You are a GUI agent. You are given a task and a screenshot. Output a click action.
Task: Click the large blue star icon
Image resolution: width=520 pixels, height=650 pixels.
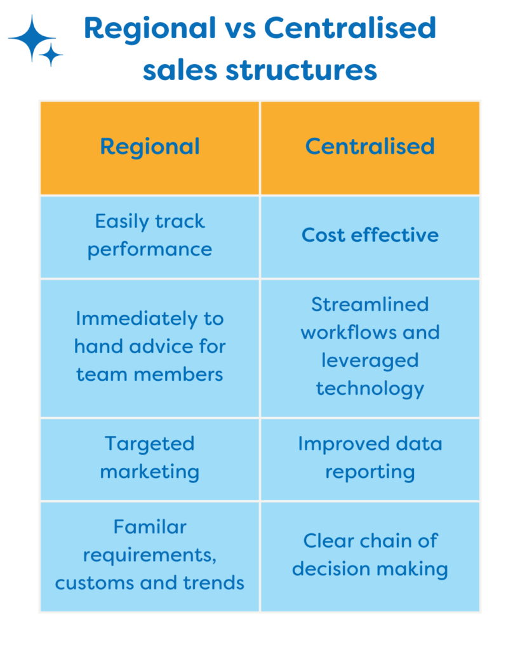(32, 37)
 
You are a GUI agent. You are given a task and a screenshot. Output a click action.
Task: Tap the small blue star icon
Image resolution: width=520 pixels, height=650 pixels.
(51, 55)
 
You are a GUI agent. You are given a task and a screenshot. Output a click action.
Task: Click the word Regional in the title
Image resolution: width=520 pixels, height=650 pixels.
(150, 29)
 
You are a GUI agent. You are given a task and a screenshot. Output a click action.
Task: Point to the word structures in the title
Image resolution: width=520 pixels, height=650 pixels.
(302, 70)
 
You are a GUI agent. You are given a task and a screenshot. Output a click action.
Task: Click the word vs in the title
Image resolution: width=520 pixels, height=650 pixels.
(239, 31)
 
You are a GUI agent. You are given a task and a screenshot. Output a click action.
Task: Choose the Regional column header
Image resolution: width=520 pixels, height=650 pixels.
(150, 147)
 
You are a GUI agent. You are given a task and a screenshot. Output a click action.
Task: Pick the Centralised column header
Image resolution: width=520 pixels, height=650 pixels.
(370, 147)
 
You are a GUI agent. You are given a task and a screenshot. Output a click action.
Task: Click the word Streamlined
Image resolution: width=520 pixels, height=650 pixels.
(370, 304)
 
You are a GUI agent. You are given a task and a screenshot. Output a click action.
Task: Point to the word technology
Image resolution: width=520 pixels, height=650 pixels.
(370, 389)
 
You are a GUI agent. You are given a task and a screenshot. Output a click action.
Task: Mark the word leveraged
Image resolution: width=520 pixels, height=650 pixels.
(370, 361)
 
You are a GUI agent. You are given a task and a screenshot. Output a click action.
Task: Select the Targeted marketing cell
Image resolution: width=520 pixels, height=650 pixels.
(150, 460)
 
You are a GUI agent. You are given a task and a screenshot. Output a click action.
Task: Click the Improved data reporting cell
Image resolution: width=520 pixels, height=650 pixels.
(370, 460)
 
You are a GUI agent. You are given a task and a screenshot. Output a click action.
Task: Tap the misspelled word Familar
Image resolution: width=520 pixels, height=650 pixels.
(150, 527)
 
